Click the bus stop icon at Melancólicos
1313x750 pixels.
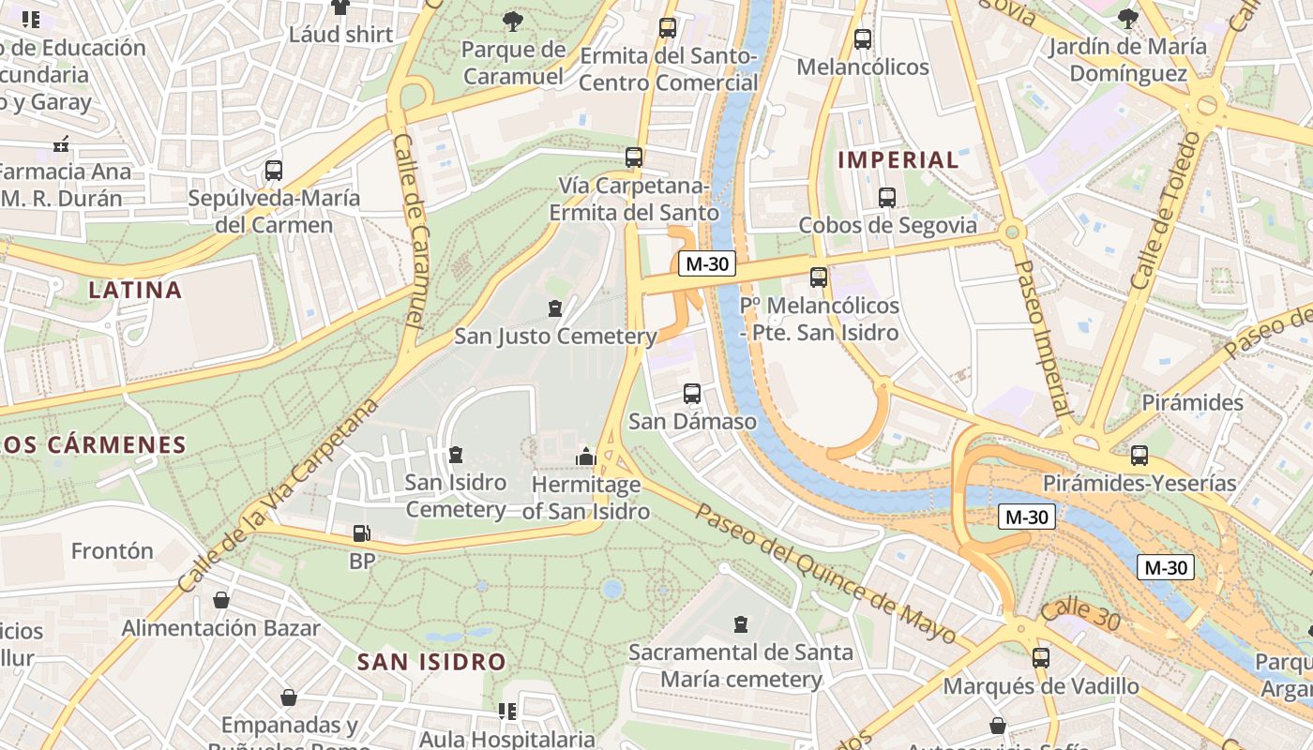coord(863,39)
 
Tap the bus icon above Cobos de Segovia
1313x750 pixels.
coord(886,198)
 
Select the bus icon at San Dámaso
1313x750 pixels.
coord(692,394)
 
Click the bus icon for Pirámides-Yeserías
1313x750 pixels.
coord(1139,456)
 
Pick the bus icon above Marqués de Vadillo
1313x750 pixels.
coord(1041,658)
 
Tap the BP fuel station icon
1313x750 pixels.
coord(361,534)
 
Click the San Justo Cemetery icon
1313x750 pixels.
coord(555,307)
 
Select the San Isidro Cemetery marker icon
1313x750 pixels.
coord(456,455)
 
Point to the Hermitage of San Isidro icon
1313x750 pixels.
coord(586,457)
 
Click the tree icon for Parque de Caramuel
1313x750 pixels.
coord(513,21)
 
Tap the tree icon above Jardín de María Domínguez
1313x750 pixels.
coord(1128,17)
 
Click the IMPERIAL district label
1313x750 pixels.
coord(898,159)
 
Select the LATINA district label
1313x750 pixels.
coord(135,290)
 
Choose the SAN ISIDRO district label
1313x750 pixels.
coord(431,662)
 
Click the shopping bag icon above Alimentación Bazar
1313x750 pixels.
coord(221,600)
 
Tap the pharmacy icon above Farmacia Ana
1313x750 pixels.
coord(62,144)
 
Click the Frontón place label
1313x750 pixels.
coord(112,550)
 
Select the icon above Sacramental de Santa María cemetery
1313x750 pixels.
coord(741,624)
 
